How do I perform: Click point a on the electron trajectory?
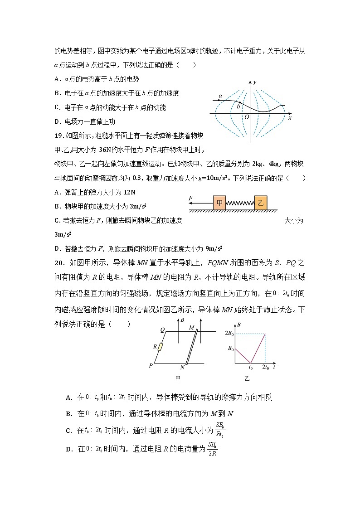pos(220,96)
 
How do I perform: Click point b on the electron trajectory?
pos(238,107)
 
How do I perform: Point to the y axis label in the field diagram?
pos(255,82)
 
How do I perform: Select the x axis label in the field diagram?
pos(289,117)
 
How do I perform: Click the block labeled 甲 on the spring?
pos(219,203)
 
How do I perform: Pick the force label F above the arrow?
pos(191,198)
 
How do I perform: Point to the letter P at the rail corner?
pos(151,365)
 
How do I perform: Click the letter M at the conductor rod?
pos(191,327)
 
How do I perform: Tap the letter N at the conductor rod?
pos(182,368)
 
